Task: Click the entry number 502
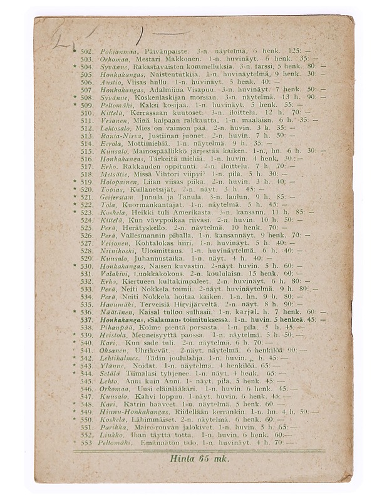pyautogui.click(x=87, y=51)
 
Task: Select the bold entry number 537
pyautogui.click(x=87, y=319)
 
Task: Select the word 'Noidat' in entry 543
pyautogui.click(x=139, y=366)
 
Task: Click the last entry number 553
pyautogui.click(x=87, y=442)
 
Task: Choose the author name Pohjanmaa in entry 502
pyautogui.click(x=114, y=51)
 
